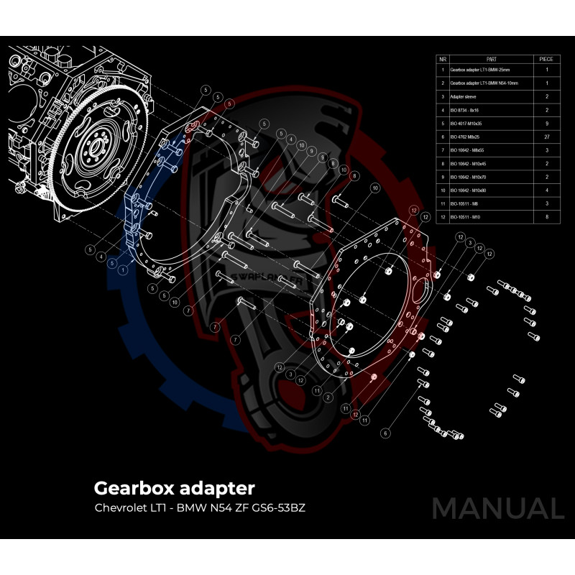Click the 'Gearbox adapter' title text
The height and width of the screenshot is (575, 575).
tap(174, 489)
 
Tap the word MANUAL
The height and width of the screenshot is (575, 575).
tap(498, 508)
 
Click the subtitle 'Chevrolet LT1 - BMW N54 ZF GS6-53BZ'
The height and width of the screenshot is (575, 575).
tap(205, 508)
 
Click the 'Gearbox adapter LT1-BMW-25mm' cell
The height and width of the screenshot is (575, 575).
tap(483, 70)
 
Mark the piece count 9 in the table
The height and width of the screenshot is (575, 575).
tap(547, 123)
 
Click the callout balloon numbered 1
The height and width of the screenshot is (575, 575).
tap(124, 270)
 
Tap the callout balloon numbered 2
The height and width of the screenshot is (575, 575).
tap(328, 397)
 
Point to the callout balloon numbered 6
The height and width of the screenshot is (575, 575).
tap(385, 433)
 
